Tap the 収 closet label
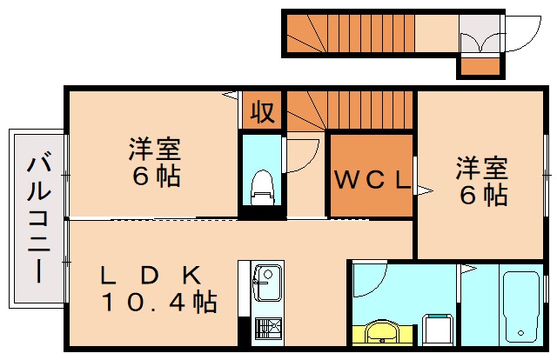pyautogui.click(x=262, y=111)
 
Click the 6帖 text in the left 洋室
pyautogui.click(x=157, y=177)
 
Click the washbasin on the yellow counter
pyautogui.click(x=380, y=333)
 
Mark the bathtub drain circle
pyautogui.click(x=520, y=334)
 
